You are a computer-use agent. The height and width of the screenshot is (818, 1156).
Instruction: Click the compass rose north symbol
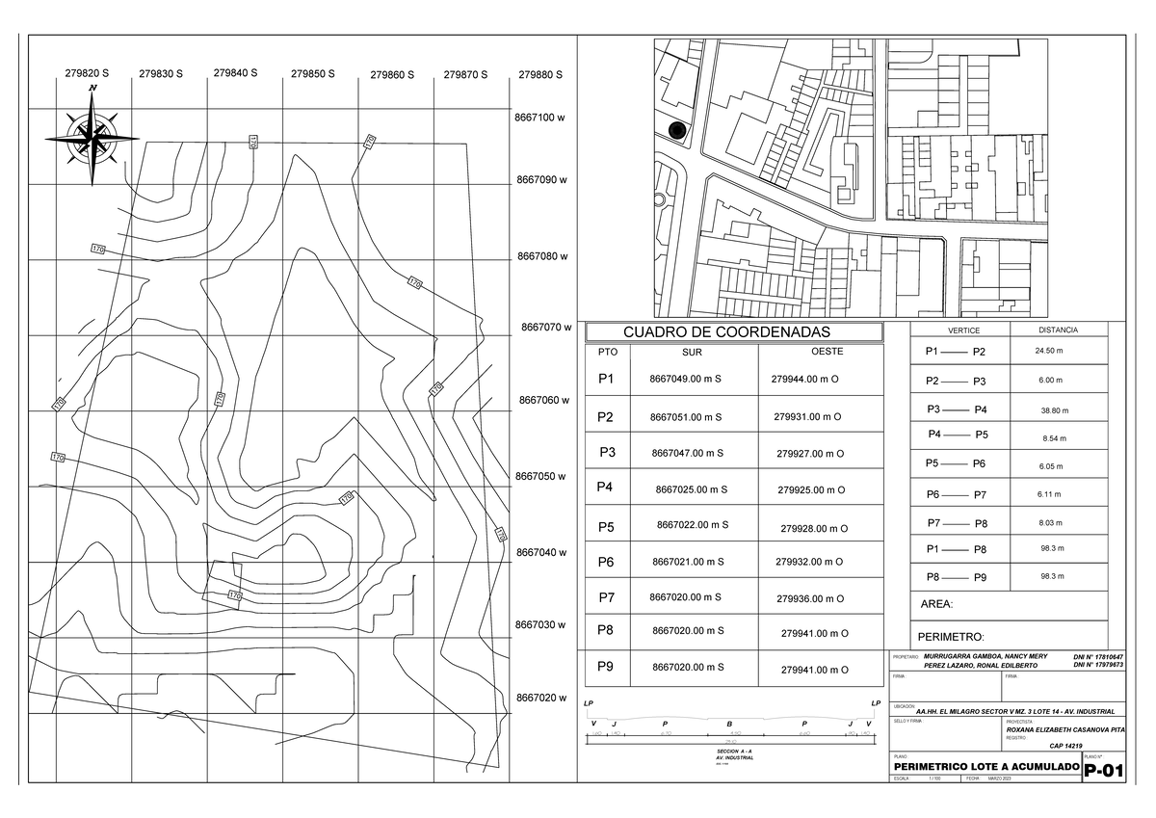[x=92, y=136]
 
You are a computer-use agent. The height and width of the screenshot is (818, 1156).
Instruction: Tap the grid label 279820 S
[x=87, y=73]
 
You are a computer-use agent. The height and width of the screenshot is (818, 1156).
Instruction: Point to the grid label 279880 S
[x=539, y=75]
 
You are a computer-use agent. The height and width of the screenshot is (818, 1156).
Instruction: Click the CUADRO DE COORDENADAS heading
[x=734, y=332]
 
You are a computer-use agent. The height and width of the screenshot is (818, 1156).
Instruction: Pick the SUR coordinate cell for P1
[x=686, y=380]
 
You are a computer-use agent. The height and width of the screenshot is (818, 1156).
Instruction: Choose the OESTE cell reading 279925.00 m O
[x=811, y=490]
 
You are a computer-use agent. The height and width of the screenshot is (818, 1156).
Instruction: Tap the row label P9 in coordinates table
[x=605, y=666]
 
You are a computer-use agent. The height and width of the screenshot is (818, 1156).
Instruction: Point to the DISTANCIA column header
[x=1058, y=330]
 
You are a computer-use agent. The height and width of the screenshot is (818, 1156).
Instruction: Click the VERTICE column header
[x=963, y=330]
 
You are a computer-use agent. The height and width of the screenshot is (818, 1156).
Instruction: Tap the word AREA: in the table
[x=937, y=604]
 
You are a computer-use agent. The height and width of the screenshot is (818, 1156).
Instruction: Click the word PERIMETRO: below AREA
[x=951, y=637]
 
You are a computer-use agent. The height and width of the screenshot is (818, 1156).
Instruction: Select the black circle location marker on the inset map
[x=676, y=130]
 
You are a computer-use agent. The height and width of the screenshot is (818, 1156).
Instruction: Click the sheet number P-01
[x=1104, y=773]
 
